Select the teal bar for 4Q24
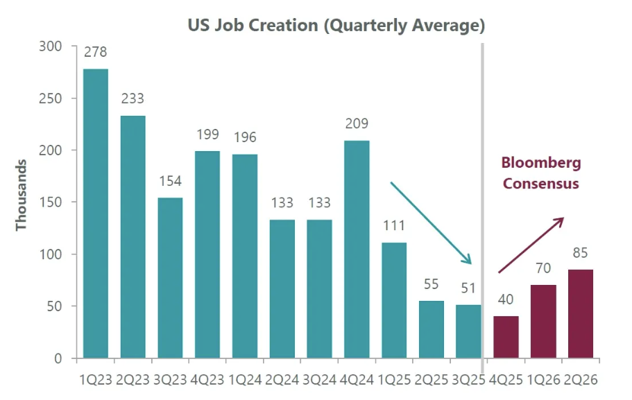357,250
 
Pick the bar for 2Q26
581,313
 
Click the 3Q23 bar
171,278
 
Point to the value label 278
96,52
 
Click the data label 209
357,124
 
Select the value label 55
432,284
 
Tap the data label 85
581,252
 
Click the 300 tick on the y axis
51,46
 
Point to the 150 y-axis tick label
51,202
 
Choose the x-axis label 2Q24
282,380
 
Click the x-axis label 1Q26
543,380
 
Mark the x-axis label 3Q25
469,380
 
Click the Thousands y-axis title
22,195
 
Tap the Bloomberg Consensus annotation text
541,173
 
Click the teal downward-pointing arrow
431,223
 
